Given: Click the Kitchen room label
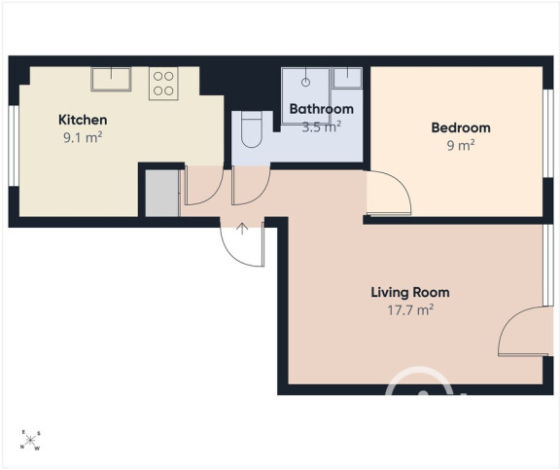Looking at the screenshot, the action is coord(83,120).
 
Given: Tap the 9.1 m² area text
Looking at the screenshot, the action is coord(83,137).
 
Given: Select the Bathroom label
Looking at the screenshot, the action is coord(322,109).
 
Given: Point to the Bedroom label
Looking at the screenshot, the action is coord(461,127).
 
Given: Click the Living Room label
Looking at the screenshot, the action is coord(410,292).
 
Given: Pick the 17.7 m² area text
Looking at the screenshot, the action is coord(410,309).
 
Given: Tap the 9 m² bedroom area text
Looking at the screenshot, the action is coord(461,145).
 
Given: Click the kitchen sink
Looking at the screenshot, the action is coord(111,79).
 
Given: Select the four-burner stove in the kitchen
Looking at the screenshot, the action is coord(163,84).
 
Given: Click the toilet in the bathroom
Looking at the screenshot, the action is coord(252,129).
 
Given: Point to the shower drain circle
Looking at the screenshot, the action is coord(305,83).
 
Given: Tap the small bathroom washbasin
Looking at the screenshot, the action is coord(347,78).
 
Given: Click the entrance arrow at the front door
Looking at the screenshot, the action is coord(242,229).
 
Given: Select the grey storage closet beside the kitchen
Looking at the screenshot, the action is coord(162,193).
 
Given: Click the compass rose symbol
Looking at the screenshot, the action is coord(30,440).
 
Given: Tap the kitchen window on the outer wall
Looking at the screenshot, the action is coord(14,146).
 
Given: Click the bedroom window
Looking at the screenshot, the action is coord(548,133).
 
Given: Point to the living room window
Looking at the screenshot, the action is coord(548,266).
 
